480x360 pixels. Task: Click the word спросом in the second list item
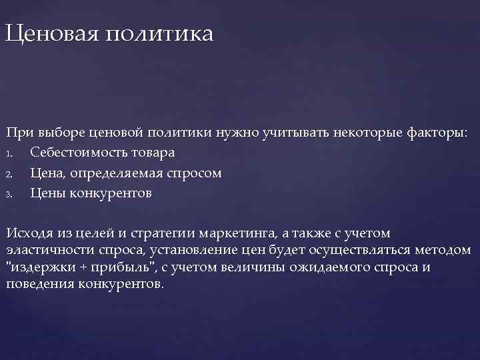tap(196, 173)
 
